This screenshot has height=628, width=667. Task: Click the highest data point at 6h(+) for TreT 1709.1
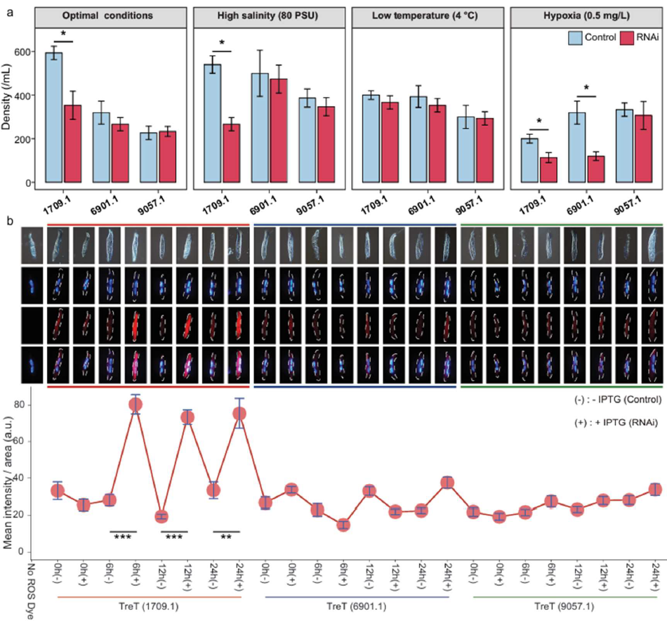(x=135, y=405)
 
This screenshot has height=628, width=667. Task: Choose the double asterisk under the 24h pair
(x=226, y=537)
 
